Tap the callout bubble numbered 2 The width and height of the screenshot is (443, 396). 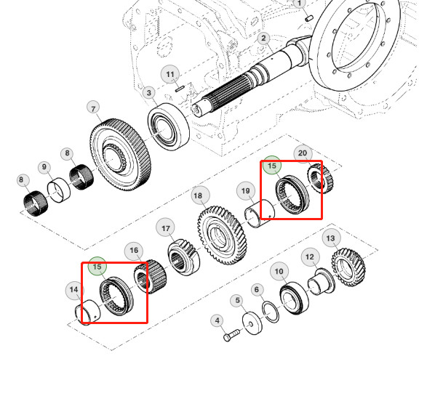[263, 39]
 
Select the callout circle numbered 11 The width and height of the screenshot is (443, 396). [170, 74]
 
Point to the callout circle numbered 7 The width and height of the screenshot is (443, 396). [93, 108]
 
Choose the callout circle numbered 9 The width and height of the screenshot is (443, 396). [44, 168]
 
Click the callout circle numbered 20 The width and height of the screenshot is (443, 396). [303, 153]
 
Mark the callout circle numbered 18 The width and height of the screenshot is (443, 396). [197, 195]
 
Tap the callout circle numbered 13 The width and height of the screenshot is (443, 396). [331, 238]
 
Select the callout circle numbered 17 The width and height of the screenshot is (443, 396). [166, 228]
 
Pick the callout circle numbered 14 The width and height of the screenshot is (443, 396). [73, 291]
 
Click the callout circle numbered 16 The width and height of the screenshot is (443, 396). [134, 251]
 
